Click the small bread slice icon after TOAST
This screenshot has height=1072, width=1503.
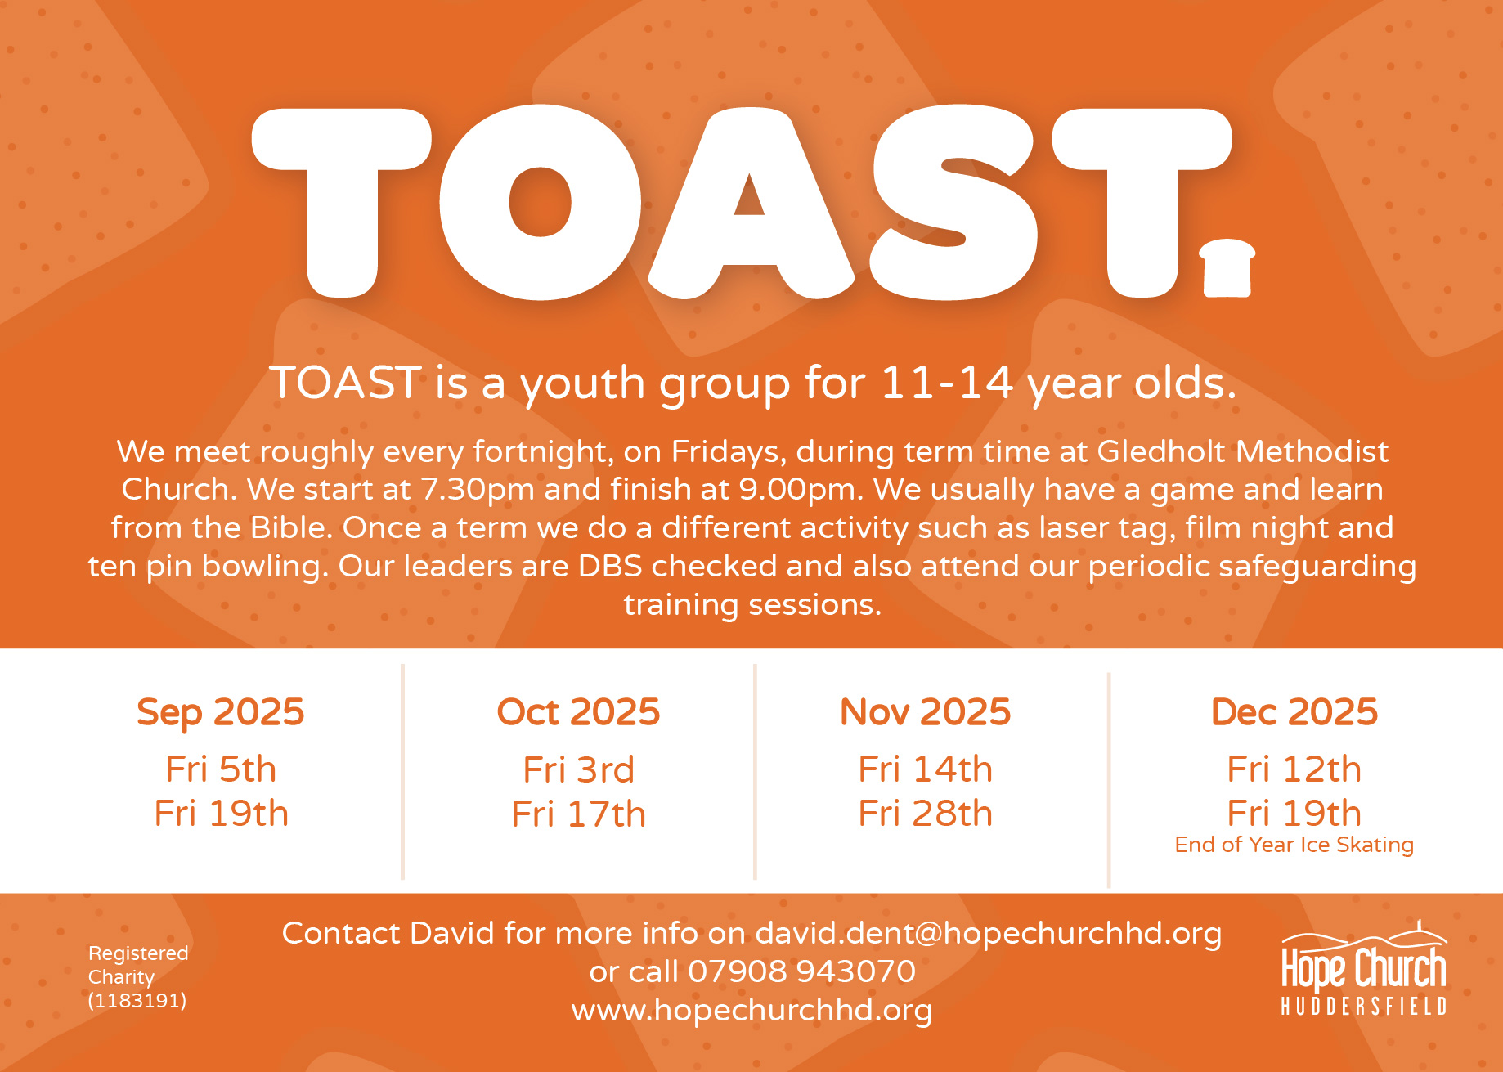coord(1227,268)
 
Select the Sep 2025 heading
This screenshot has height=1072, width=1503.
coord(221,712)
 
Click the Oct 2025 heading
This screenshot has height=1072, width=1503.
coord(578,712)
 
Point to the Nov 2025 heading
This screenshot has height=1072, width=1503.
coord(926,712)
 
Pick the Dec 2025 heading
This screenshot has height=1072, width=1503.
coord(1294,712)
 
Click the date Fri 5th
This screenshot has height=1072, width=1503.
coord(221,769)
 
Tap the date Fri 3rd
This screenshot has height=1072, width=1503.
coord(578,769)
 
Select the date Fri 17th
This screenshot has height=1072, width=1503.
coord(578,814)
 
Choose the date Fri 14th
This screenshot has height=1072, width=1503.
coord(926,769)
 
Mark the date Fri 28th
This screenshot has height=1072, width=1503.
coord(926,814)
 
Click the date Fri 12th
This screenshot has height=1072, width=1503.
coord(1294,769)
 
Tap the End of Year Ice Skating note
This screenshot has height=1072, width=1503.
coord(1294,845)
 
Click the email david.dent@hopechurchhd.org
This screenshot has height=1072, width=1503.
coord(989,933)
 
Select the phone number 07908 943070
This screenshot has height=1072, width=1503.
coord(801,971)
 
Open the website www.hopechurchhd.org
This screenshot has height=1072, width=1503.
coord(751,1011)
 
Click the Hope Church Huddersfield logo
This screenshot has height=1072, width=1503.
coord(1364,969)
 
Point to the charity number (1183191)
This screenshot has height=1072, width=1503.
coord(137,1000)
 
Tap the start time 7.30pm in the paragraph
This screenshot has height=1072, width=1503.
coord(478,490)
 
